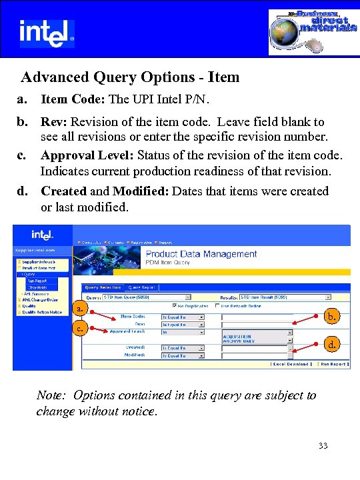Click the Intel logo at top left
(47, 32)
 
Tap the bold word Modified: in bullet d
(141, 191)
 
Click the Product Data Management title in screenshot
(201, 254)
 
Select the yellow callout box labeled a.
(80, 309)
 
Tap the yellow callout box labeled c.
(80, 328)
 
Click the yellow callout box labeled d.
(331, 345)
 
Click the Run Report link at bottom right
(332, 365)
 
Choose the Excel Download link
(290, 365)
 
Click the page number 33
(323, 445)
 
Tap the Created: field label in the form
(137, 348)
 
